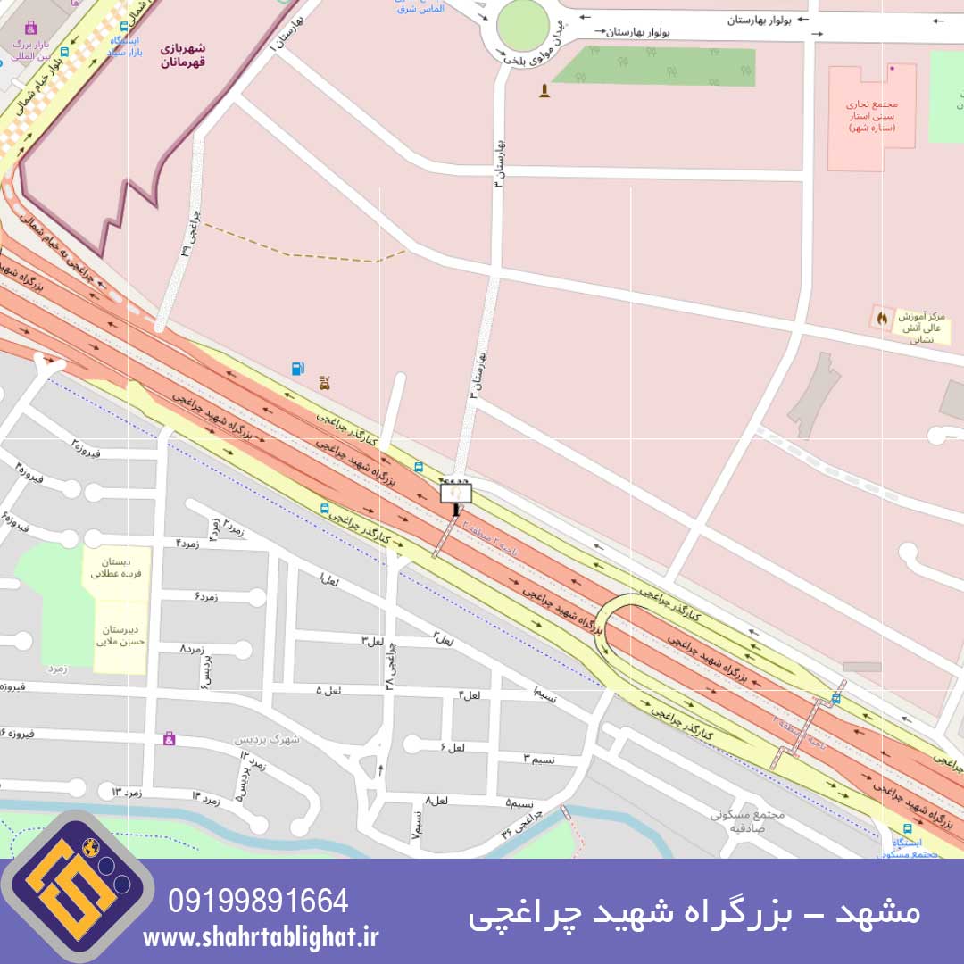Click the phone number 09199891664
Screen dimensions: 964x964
[x=258, y=901]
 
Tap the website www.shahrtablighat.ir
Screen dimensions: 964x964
[x=260, y=936]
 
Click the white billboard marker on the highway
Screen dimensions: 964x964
[x=455, y=493]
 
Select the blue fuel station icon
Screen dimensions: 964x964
[x=297, y=368]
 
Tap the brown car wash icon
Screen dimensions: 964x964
[x=326, y=383]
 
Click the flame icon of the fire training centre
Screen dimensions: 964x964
[x=883, y=317]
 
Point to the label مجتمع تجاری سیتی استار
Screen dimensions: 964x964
[x=870, y=116]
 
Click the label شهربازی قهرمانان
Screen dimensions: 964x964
[x=183, y=55]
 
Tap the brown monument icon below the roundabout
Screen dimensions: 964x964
[x=544, y=90]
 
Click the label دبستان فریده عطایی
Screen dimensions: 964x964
[x=116, y=569]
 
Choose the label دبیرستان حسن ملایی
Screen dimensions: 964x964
[x=120, y=635]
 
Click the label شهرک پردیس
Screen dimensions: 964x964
[x=268, y=739]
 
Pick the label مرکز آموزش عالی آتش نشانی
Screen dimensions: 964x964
[x=919, y=328]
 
